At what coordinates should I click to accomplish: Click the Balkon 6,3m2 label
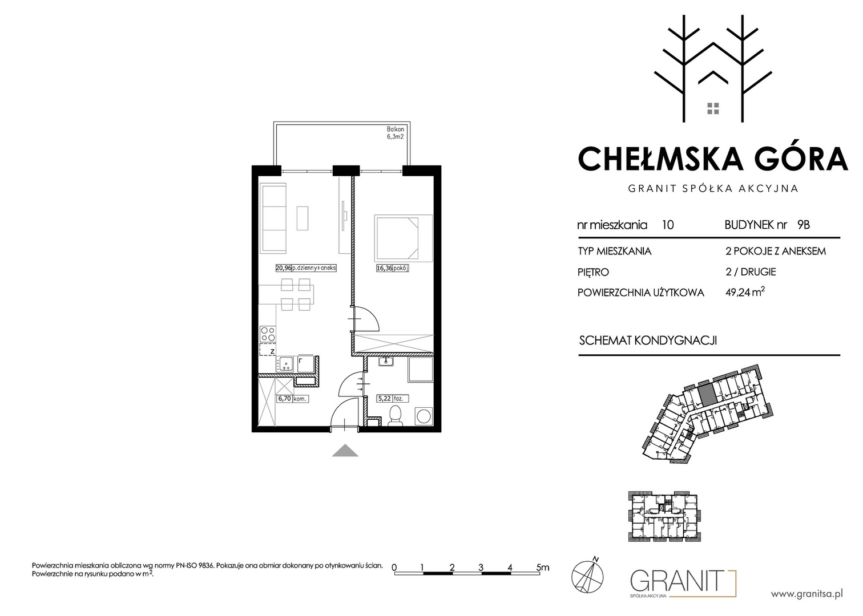[396, 133]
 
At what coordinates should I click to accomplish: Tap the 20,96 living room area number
[283, 268]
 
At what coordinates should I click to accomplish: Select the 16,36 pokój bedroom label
[392, 268]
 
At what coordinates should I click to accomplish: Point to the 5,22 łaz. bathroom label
[392, 399]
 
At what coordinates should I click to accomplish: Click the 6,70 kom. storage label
[292, 399]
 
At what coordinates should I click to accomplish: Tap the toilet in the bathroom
[395, 416]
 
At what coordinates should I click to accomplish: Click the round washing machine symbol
[424, 416]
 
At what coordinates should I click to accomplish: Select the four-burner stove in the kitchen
[268, 334]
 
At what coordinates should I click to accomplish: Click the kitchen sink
[285, 364]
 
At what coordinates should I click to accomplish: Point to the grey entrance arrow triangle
[345, 451]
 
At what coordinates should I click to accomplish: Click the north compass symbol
[587, 576]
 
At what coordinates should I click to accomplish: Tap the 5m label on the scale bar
[542, 567]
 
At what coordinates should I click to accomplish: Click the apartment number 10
[668, 225]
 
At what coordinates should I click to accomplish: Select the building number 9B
[803, 225]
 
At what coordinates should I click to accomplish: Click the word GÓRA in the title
[797, 158]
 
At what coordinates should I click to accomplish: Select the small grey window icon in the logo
[713, 108]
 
